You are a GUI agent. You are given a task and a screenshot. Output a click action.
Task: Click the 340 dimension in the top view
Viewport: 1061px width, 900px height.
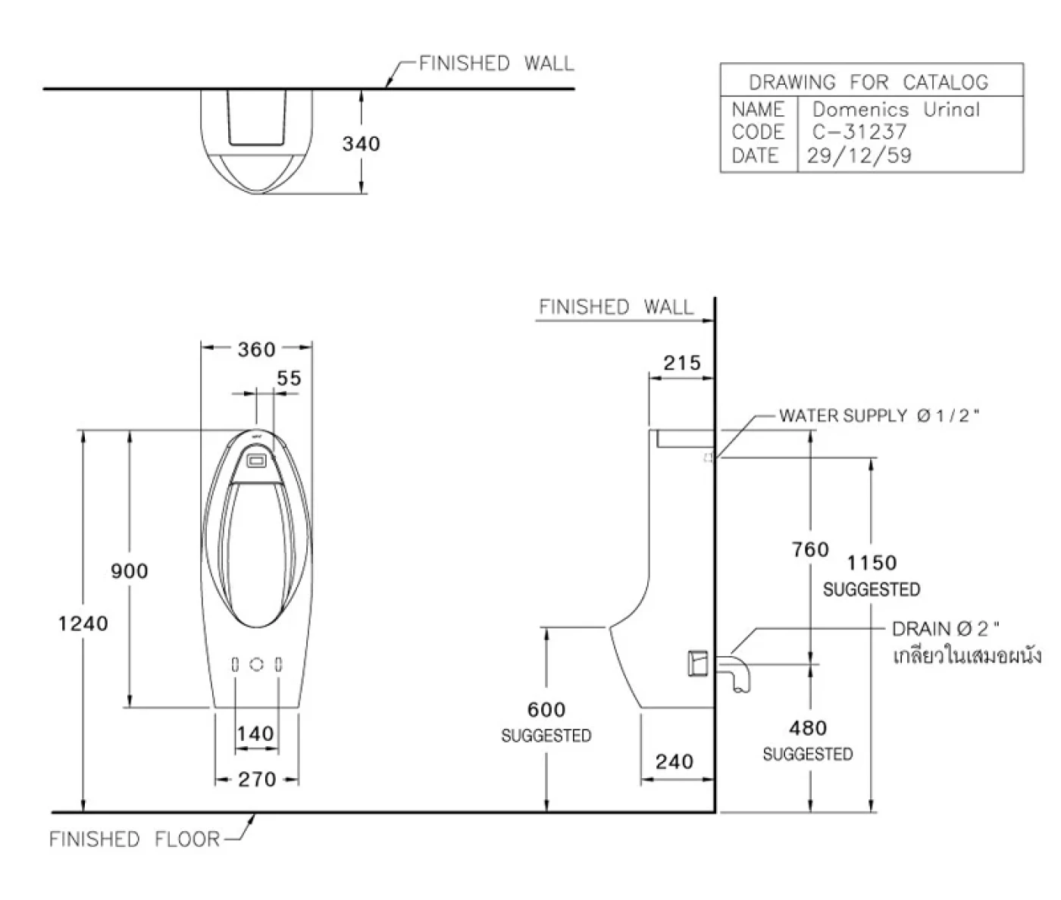pos(361,143)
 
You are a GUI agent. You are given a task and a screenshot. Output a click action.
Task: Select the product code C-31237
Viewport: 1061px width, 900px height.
pos(859,132)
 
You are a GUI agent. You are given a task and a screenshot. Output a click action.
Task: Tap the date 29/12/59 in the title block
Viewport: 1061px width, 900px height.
pos(859,155)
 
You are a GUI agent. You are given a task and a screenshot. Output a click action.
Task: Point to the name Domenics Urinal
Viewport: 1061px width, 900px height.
pos(896,109)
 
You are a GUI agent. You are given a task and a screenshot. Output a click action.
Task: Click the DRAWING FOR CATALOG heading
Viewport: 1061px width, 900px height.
pos(869,82)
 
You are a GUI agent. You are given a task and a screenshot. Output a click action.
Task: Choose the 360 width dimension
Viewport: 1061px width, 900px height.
pos(256,349)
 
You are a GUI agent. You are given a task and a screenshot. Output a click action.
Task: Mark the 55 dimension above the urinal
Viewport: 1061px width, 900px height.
pos(288,377)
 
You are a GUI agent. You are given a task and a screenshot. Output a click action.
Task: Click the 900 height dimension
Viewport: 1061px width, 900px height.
pos(130,570)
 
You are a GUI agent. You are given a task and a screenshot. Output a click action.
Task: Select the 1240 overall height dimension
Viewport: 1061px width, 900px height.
pos(83,623)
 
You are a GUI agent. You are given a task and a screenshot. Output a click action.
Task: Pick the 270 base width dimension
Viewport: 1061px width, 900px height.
pos(256,779)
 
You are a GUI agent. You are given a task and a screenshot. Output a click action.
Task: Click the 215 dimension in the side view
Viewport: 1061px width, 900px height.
pos(681,363)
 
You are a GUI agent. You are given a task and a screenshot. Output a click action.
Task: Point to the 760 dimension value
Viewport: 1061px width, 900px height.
pos(810,549)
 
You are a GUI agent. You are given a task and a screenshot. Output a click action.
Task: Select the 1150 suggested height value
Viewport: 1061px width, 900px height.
pos(872,563)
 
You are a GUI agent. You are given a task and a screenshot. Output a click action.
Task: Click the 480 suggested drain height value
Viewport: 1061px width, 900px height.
pos(807,728)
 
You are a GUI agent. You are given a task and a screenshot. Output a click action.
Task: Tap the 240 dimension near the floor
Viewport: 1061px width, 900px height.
pos(674,761)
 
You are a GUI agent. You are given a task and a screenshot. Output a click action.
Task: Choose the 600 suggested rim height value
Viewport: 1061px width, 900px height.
pos(546,710)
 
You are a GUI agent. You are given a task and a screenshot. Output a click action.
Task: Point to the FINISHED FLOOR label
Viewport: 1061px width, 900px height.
pos(134,839)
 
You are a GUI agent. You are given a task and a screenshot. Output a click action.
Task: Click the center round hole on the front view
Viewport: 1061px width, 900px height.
pos(257,664)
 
